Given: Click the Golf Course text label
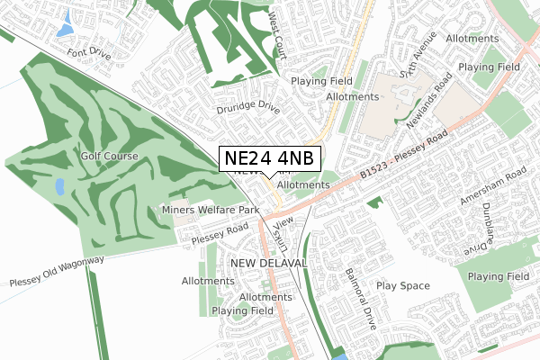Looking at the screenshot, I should [x=108, y=156].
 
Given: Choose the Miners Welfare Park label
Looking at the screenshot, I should [x=211, y=211].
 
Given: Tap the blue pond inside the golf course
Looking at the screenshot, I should [x=59, y=187].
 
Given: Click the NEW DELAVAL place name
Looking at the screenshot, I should [x=269, y=263].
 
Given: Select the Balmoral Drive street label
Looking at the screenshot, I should [x=360, y=300].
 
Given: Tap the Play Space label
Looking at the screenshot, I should [x=403, y=286].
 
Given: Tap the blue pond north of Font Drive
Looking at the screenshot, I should [x=64, y=27].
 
